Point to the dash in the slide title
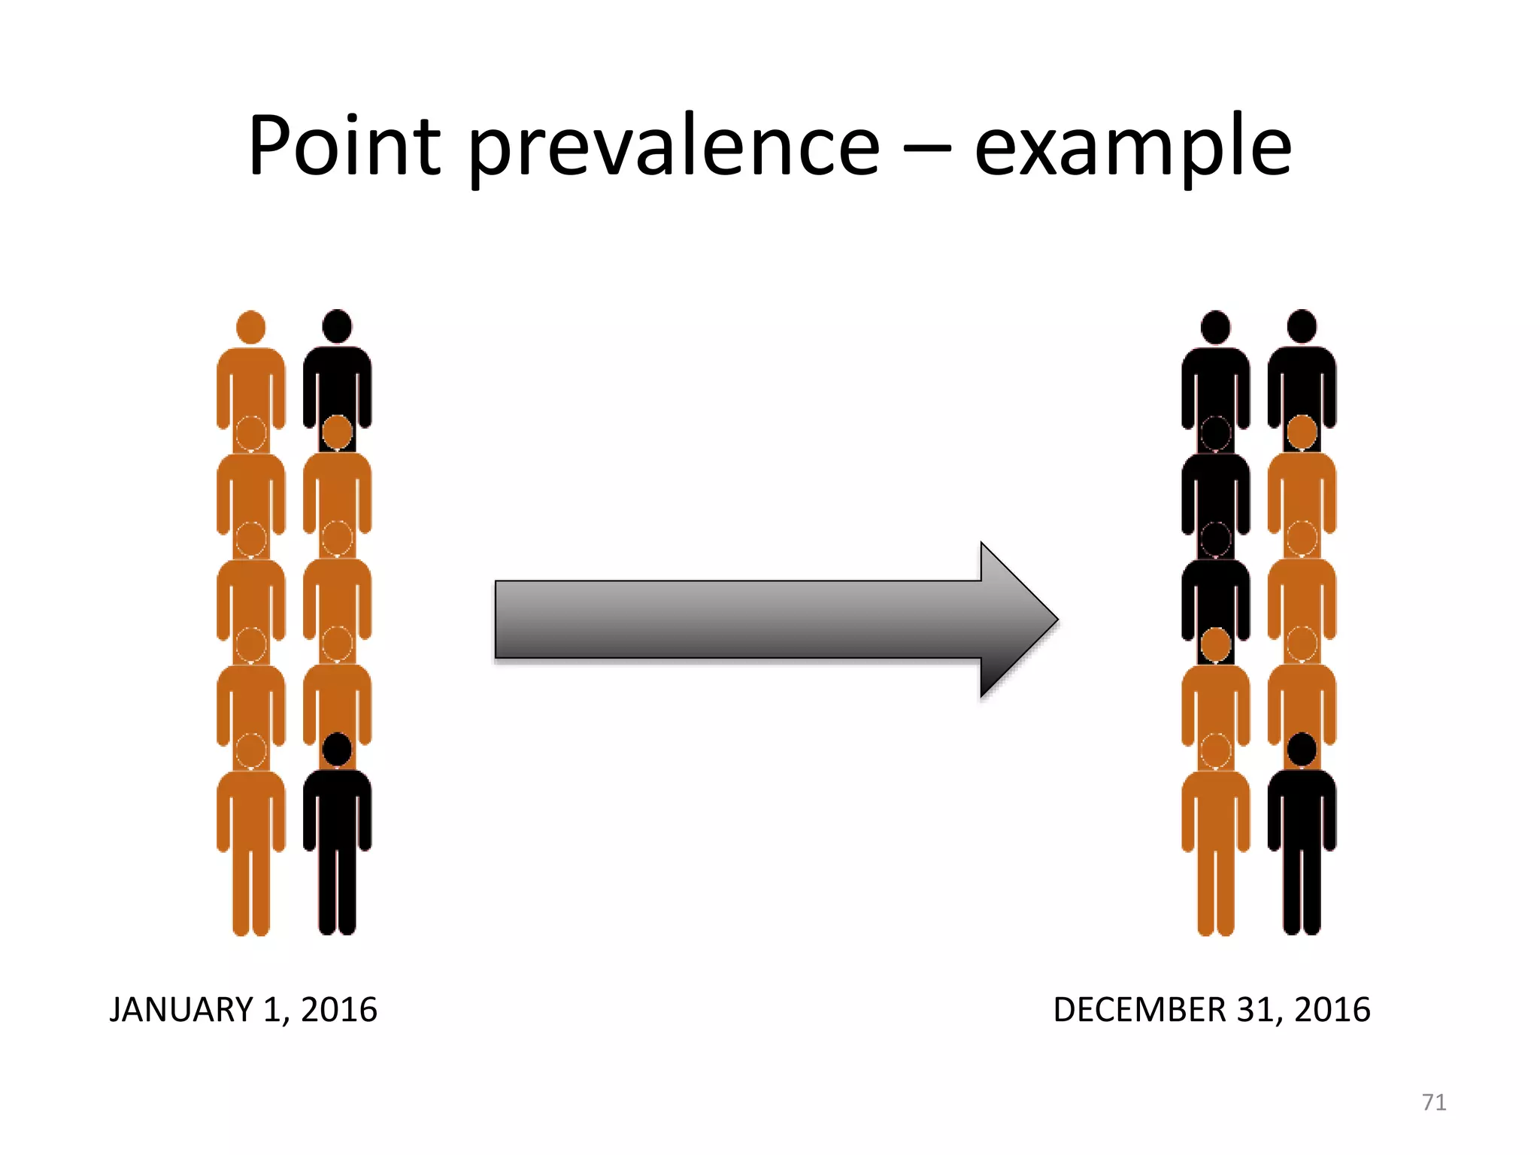click(x=927, y=147)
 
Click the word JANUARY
click(x=181, y=1010)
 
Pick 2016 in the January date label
click(x=339, y=1010)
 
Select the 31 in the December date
click(x=1257, y=1010)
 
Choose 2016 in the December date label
click(x=1332, y=1010)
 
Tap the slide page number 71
click(x=1434, y=1102)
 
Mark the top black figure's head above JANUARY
click(x=337, y=326)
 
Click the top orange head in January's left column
click(x=250, y=327)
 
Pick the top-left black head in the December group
click(x=1215, y=327)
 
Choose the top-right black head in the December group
click(x=1302, y=326)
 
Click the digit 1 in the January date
click(x=271, y=1010)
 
